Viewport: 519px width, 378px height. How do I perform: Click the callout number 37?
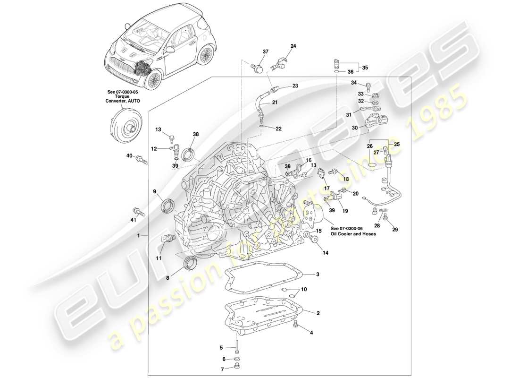pos(266,52)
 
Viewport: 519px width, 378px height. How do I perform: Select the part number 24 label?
pos(293,46)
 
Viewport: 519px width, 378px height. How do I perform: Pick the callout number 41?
pos(134,220)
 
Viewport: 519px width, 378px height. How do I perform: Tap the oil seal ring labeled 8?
pos(191,263)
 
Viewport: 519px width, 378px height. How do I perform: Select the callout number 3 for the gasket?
pos(318,274)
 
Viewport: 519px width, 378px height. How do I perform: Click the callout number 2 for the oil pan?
pos(318,313)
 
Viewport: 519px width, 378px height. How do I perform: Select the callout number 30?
pos(355,127)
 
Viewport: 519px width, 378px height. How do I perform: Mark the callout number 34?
pos(354,83)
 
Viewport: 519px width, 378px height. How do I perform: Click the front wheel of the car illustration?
pos(152,80)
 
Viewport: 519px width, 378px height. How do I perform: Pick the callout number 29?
pos(395,230)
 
